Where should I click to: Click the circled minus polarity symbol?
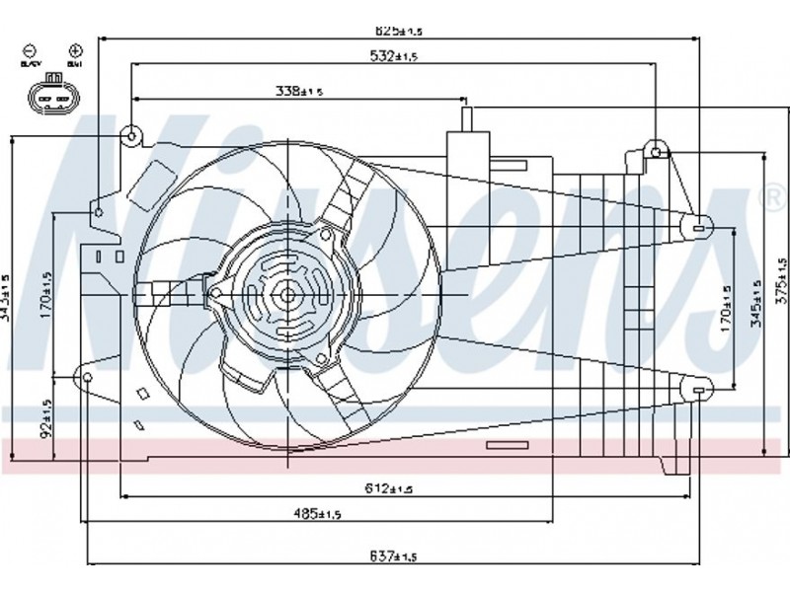pyautogui.click(x=30, y=49)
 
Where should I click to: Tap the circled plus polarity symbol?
pyautogui.click(x=75, y=49)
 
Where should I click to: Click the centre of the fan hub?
pyautogui.click(x=285, y=292)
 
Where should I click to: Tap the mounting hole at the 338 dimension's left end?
pyautogui.click(x=133, y=134)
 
